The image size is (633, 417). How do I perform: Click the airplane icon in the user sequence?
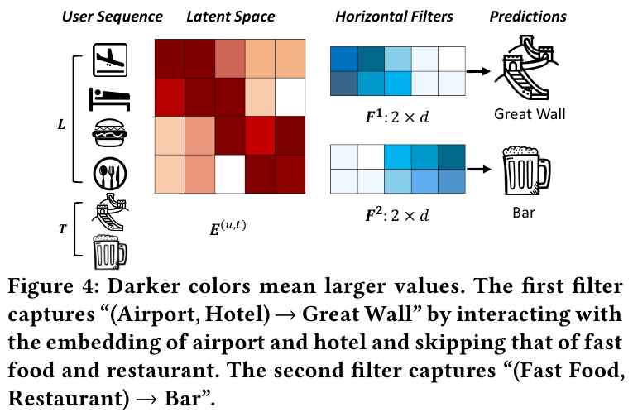coord(111,58)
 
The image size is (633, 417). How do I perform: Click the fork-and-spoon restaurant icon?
coord(111,170)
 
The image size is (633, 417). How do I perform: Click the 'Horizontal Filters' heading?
coord(394,16)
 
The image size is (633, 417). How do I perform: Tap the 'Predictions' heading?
coord(527,16)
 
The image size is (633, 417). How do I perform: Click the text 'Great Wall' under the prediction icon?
coord(529,113)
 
